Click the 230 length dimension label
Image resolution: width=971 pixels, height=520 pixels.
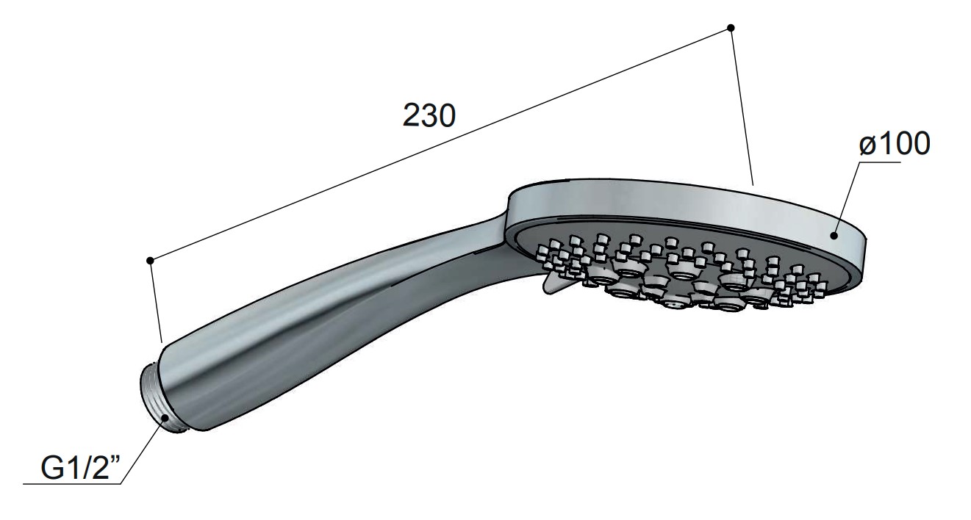tap(429, 115)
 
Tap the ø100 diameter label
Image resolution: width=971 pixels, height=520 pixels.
tap(895, 143)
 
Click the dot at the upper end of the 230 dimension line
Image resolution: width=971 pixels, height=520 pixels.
tap(731, 28)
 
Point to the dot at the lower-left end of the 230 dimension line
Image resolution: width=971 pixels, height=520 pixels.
tap(150, 260)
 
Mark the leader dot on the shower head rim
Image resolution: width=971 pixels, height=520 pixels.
tap(833, 236)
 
